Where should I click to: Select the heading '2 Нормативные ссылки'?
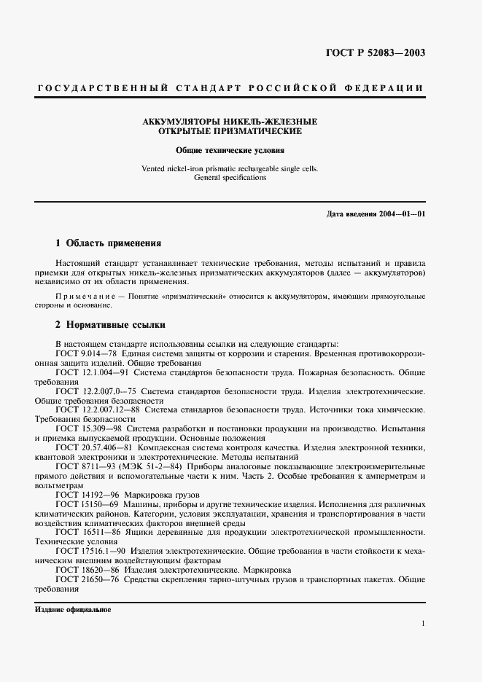click(110, 324)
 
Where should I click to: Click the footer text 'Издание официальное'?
click(72, 609)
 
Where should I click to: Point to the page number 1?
click(423, 624)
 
